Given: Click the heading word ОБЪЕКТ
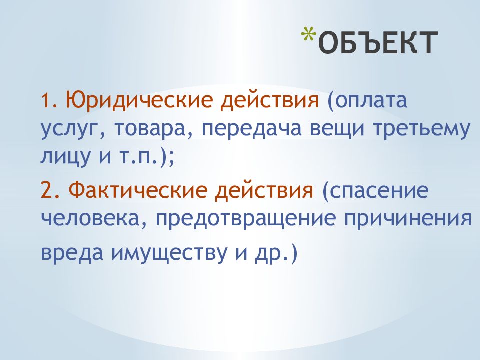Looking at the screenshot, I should (x=375, y=42).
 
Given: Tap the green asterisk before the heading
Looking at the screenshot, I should (x=309, y=36).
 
